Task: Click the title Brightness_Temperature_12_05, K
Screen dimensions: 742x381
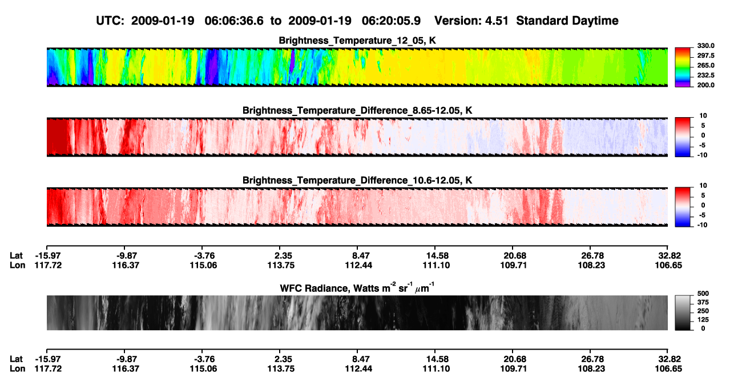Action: click(357, 41)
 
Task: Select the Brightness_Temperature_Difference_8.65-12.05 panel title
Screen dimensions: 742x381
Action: click(357, 110)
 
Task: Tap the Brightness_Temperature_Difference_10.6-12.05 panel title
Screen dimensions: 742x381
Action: click(357, 181)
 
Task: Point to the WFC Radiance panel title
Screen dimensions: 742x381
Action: click(357, 287)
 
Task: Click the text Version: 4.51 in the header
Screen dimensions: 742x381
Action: click(471, 21)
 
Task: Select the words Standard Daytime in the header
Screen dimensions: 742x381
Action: click(567, 21)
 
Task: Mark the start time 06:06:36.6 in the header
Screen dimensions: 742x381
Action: click(234, 21)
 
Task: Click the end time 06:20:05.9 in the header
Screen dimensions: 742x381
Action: click(391, 21)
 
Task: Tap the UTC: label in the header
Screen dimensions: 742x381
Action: click(110, 21)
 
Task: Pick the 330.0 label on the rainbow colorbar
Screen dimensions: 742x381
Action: click(705, 46)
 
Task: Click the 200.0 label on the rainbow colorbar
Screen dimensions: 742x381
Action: click(705, 85)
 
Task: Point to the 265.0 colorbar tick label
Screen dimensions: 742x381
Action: click(705, 65)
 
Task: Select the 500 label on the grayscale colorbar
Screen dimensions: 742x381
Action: click(703, 294)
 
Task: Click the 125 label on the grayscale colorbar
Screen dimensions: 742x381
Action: click(703, 320)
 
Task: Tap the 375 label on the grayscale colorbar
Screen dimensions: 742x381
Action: click(703, 302)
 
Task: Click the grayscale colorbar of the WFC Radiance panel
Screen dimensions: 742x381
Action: click(683, 312)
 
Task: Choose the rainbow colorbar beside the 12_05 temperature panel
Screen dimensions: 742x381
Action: click(683, 67)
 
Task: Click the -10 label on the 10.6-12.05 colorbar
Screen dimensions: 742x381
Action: click(703, 225)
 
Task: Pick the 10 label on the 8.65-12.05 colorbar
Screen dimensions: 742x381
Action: click(703, 116)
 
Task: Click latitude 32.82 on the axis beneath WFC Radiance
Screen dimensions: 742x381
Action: click(669, 359)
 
